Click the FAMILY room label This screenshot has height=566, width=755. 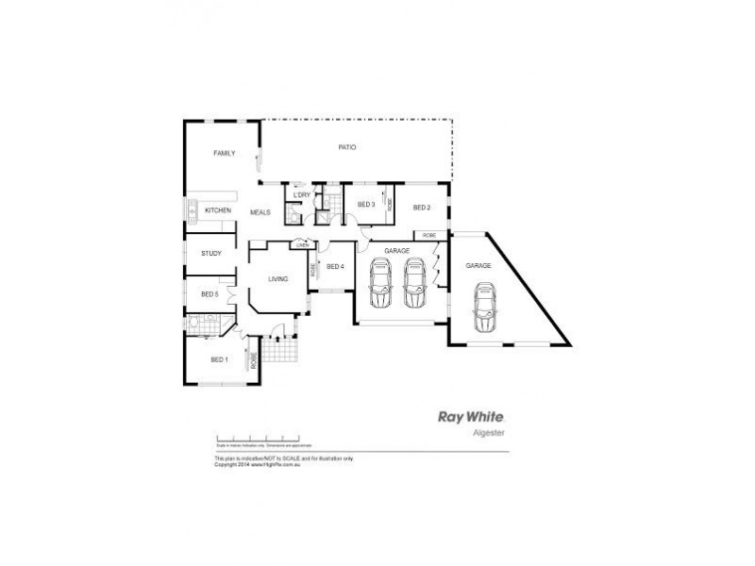tap(224, 153)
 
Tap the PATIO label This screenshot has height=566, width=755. tap(346, 148)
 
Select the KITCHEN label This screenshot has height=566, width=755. tap(218, 210)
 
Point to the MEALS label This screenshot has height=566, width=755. tap(260, 212)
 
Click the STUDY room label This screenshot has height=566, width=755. tap(211, 253)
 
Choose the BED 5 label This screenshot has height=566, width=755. tap(210, 294)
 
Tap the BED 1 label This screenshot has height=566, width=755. tap(219, 359)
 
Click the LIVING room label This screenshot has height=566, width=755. tap(277, 279)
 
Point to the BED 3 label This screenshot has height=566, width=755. tap(366, 205)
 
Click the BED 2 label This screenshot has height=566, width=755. tap(421, 208)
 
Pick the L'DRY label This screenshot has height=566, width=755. tap(302, 195)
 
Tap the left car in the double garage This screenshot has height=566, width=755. tap(380, 283)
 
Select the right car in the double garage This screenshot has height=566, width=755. tap(414, 283)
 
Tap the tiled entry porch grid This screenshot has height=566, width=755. tap(279, 351)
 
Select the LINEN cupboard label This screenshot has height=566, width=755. tap(302, 245)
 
